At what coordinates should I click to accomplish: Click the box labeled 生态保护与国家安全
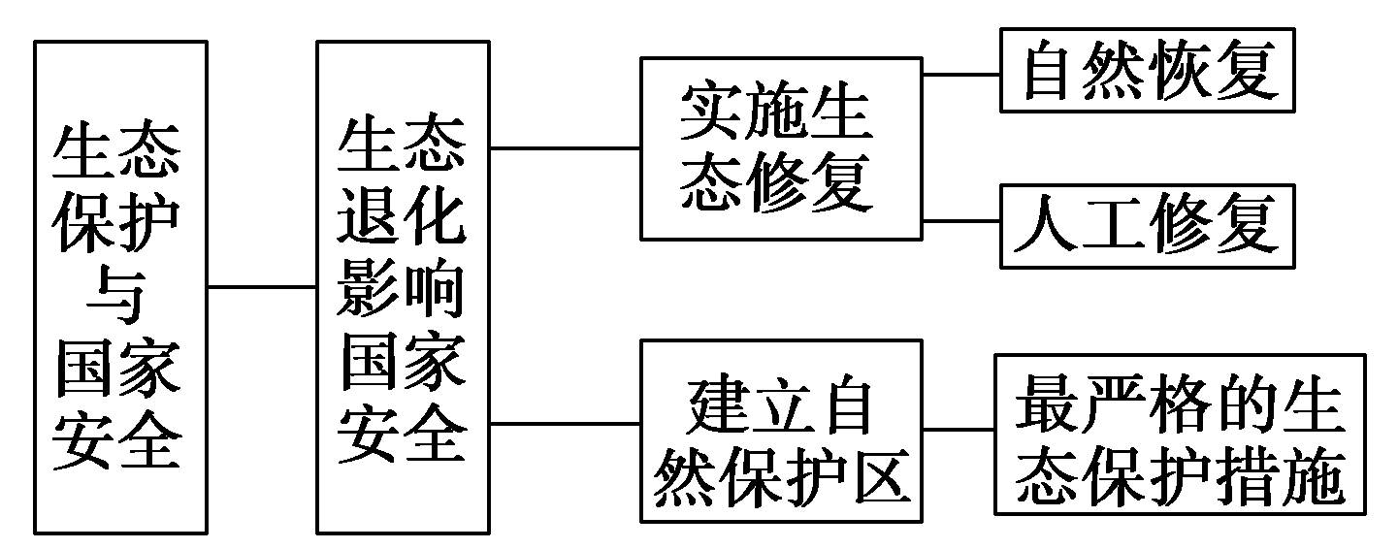click(120, 287)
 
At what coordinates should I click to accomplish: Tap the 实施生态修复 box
click(780, 147)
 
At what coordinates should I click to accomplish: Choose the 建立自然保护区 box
click(780, 430)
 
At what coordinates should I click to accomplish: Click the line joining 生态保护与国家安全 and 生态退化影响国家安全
click(262, 287)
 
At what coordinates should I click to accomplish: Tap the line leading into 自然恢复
click(960, 73)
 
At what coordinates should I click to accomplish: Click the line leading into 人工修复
click(960, 221)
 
